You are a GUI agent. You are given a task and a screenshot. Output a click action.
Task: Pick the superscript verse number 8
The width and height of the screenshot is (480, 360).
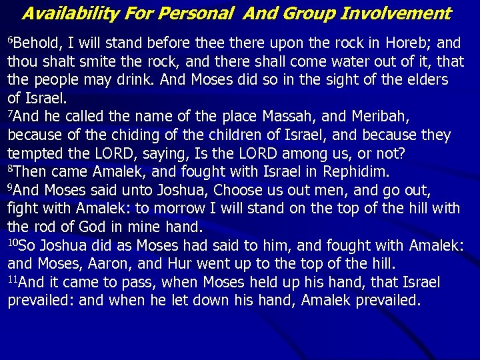(10, 169)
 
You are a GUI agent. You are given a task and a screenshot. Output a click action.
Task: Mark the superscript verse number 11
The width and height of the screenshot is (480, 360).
(13, 277)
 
